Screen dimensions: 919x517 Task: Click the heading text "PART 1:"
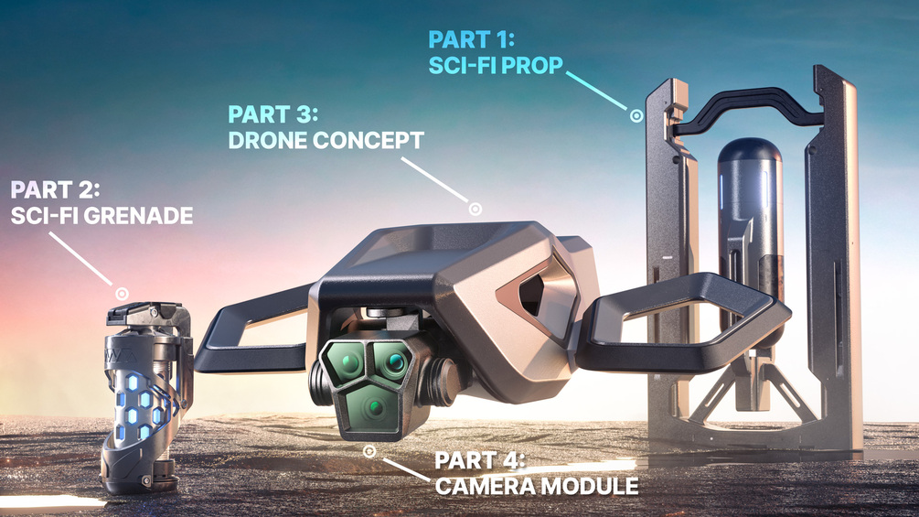point(471,40)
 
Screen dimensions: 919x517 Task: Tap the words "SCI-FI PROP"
point(496,65)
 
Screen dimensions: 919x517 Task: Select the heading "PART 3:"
point(272,114)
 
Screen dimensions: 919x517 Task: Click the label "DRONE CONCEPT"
point(326,140)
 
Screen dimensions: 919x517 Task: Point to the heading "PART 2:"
point(55,190)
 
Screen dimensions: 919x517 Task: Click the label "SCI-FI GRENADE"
point(102,216)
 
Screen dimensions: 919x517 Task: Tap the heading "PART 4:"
point(480,461)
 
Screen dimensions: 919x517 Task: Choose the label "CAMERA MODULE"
point(537,487)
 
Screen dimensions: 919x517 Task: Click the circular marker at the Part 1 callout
point(636,115)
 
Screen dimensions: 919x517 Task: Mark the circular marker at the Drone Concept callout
point(476,208)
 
